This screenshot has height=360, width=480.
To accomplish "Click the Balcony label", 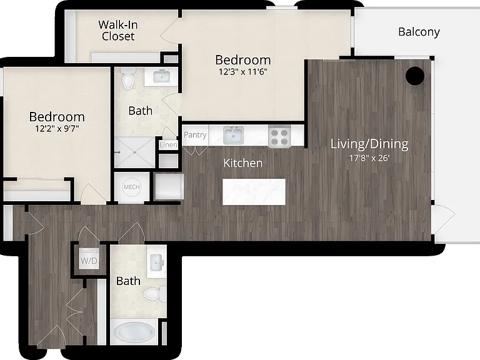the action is [419, 32].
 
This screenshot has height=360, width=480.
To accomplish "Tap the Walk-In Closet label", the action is [118, 30].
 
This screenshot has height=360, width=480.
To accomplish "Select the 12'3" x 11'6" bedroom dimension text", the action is [243, 72].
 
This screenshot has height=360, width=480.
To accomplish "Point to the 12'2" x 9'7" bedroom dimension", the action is [57, 129].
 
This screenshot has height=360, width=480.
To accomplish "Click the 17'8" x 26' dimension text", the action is [369, 158].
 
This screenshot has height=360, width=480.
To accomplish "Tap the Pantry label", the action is [195, 135].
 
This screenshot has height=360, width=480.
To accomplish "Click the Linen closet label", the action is [168, 145].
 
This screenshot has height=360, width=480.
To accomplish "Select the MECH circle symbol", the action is [132, 187].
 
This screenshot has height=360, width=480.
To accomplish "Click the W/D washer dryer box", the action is [89, 259].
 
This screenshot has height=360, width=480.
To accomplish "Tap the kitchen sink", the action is [233, 135].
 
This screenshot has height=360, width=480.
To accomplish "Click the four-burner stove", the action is [279, 136].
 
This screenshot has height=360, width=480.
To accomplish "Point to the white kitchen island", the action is [254, 192].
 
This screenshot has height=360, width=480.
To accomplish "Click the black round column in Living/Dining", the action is [415, 76].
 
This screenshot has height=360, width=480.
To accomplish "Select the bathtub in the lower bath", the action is [134, 332].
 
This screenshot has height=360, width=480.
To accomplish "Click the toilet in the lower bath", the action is [155, 294].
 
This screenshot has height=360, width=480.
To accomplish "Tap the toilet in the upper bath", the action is [128, 78].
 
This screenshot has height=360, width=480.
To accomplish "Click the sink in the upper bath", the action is [161, 76].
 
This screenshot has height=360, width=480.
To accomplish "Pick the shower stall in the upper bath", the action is [135, 152].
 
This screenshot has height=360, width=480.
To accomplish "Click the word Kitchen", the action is [243, 163].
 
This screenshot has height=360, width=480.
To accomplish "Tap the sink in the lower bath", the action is [157, 262].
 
